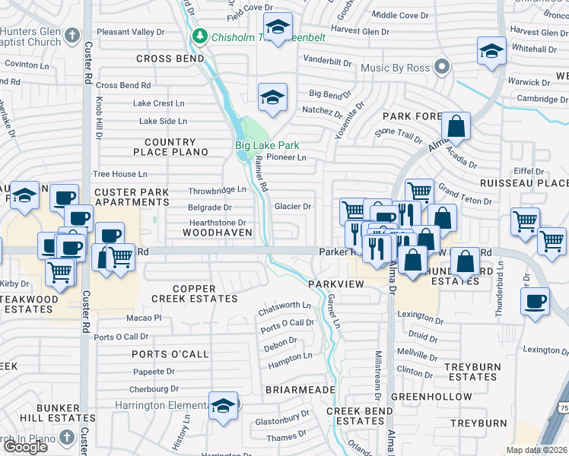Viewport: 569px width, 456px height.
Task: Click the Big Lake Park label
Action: pyautogui.click(x=266, y=145)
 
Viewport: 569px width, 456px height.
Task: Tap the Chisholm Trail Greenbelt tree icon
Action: pyautogui.click(x=200, y=35)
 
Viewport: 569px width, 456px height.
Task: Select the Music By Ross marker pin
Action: pyautogui.click(x=442, y=68)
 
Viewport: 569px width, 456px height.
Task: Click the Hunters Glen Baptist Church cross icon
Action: pyautogui.click(x=72, y=35)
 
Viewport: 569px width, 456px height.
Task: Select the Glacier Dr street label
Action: pyautogui.click(x=293, y=206)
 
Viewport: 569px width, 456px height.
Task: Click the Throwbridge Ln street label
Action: pyautogui.click(x=218, y=190)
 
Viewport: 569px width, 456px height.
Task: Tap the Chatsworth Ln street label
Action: pyautogui.click(x=285, y=306)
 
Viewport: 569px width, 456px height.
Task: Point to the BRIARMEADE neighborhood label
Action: pyautogui.click(x=300, y=389)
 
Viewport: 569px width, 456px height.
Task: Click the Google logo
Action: pyautogui.click(x=25, y=447)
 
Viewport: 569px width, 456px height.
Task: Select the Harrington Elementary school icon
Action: pyautogui.click(x=224, y=405)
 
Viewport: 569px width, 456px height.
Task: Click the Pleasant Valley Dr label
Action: pyautogui.click(x=130, y=33)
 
